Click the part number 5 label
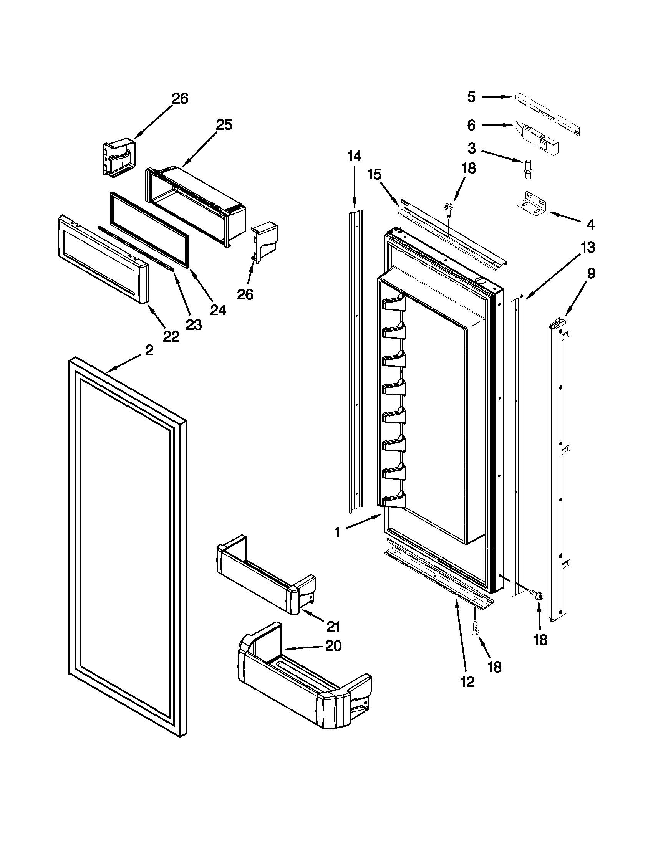click(x=471, y=97)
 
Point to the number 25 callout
click(x=224, y=125)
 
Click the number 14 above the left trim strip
click(x=354, y=156)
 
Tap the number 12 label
click(x=467, y=682)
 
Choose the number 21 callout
click(x=333, y=626)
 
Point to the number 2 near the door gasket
click(x=149, y=350)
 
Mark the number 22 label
click(x=171, y=337)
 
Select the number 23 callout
click(x=194, y=325)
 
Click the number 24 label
click(x=218, y=310)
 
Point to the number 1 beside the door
click(x=337, y=533)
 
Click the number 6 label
click(x=471, y=125)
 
